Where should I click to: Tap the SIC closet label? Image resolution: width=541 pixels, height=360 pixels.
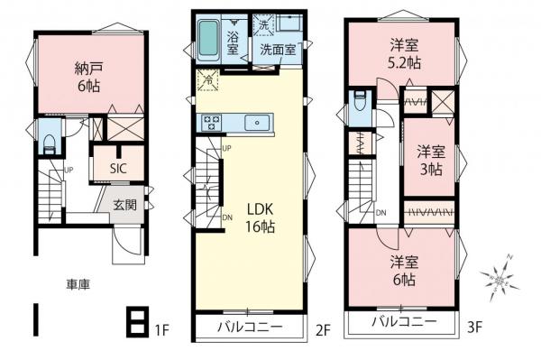[118, 169]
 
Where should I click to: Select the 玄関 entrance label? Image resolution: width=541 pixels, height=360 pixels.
[125, 205]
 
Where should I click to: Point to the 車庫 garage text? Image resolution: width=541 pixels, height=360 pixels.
[78, 283]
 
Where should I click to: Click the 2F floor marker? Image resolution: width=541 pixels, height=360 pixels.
[322, 332]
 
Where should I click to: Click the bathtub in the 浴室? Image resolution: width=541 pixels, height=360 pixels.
[207, 37]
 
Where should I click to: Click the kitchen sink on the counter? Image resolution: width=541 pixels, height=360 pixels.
[258, 122]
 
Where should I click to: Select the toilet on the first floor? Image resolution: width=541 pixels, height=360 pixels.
[49, 143]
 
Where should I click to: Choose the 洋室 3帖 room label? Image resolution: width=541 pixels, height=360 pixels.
[430, 160]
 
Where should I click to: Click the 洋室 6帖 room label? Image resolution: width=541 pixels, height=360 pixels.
[403, 270]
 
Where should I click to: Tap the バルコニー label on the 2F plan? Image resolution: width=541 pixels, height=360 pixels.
[247, 327]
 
